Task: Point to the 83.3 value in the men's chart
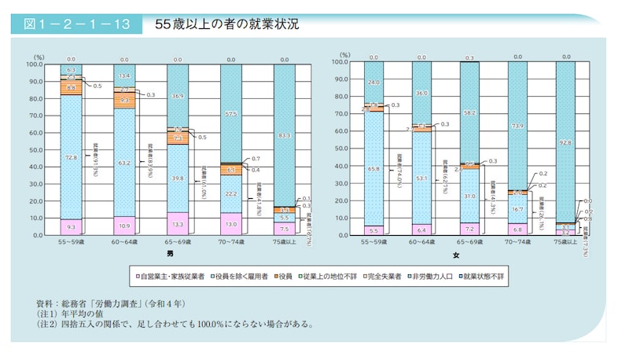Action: click(284, 136)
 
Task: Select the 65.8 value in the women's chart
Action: click(373, 168)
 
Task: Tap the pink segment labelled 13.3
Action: click(177, 223)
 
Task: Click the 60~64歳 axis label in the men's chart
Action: click(124, 244)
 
